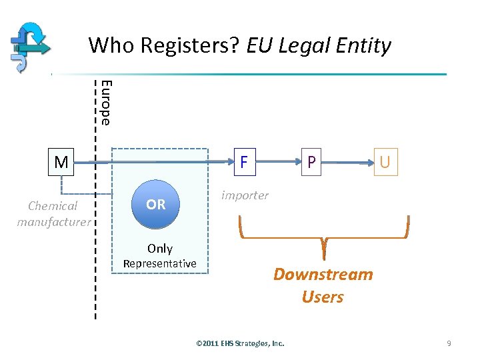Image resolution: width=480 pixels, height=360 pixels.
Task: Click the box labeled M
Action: tap(61, 162)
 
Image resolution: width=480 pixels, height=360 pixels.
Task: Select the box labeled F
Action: tap(244, 162)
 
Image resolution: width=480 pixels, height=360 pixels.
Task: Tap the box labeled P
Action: tap(310, 162)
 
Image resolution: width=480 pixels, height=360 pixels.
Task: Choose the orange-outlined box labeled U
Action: tap(385, 162)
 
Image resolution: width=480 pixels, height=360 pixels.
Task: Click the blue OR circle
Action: tap(155, 204)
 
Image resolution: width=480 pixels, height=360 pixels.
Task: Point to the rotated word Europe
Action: tap(105, 102)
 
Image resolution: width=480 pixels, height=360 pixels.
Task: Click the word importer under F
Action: tap(245, 195)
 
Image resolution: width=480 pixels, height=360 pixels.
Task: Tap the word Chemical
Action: tap(53, 206)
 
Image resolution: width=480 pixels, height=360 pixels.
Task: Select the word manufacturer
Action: tap(54, 221)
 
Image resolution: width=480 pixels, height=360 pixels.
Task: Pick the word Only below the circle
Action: tap(160, 249)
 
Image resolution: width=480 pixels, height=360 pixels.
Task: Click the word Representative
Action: tap(160, 263)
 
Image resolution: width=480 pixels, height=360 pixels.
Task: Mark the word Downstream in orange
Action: tap(323, 275)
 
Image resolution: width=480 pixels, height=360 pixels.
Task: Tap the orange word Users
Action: tap(323, 297)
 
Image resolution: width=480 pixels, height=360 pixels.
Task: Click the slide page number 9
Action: tap(449, 343)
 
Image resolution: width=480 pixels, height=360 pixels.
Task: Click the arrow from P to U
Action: tap(348, 162)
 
